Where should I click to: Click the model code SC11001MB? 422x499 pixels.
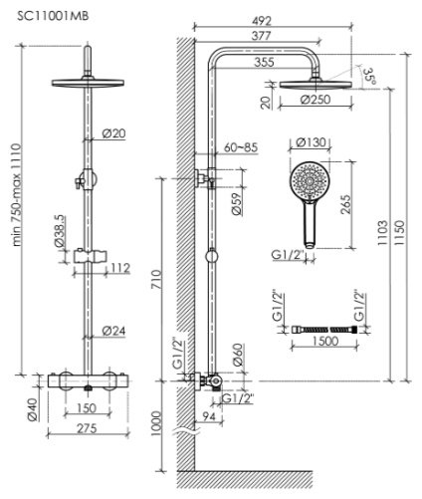[x=53, y=16]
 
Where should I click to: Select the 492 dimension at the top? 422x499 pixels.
[x=261, y=21]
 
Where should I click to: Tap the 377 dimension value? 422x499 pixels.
[x=261, y=36]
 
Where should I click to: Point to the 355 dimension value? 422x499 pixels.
[x=264, y=62]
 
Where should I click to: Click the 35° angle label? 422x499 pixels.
[x=369, y=77]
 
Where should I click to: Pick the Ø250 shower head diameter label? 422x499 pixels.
[x=316, y=100]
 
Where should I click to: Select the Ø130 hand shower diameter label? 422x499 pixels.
[x=312, y=142]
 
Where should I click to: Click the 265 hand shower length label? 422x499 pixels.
[x=345, y=204]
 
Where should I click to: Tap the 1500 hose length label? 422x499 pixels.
[x=325, y=341]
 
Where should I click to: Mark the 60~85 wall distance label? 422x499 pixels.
[x=241, y=147]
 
